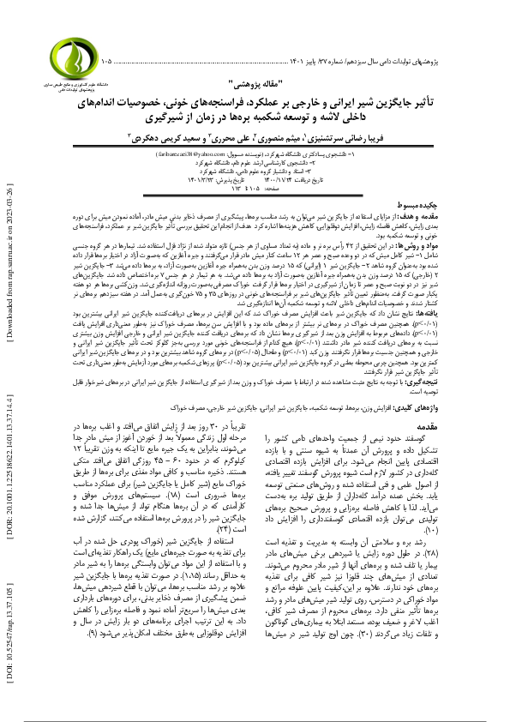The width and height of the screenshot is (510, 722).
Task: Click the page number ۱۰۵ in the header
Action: [105, 63]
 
